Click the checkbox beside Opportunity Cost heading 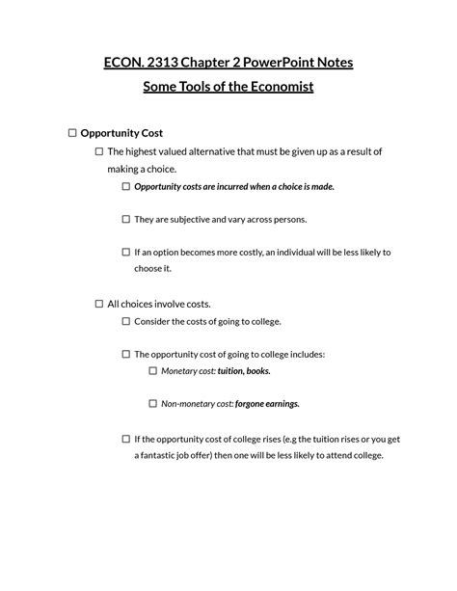tap(71, 133)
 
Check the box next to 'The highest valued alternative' tap(98, 152)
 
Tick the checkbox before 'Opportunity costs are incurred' tap(125, 186)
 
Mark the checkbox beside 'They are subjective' tap(125, 219)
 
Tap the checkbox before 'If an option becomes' tap(125, 252)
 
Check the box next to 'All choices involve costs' tap(98, 304)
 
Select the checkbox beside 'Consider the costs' tap(125, 321)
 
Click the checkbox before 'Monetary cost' tap(152, 370)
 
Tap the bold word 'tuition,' tap(230, 370)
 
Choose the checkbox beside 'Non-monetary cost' tap(152, 404)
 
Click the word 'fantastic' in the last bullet tap(161, 455)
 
